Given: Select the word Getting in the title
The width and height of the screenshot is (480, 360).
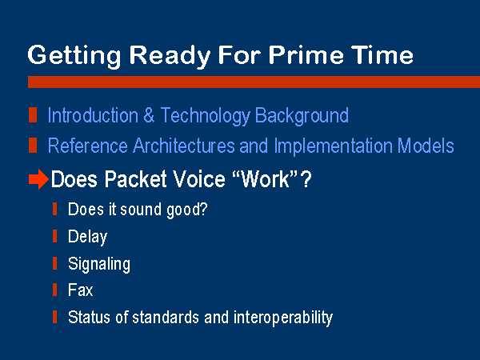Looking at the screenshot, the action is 74,57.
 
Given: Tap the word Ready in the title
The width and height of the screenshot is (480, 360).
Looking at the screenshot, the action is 170,57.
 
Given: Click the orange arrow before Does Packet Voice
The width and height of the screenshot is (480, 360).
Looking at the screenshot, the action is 38,179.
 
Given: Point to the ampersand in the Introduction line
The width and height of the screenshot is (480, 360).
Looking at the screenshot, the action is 149,115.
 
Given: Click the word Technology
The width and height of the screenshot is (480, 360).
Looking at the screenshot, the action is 205,117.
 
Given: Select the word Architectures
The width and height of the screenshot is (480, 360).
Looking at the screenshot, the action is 183,146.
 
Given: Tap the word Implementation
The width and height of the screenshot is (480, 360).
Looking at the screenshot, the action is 333,146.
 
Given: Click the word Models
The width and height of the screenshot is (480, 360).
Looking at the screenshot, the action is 426,146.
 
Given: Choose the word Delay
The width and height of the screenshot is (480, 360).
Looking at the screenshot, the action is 87,238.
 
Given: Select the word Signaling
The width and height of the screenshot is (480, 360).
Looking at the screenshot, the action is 99,265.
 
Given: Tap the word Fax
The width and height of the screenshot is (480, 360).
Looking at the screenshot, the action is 80,290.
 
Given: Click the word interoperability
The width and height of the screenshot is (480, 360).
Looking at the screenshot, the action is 283,318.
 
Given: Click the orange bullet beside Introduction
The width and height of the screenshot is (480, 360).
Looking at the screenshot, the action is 33,115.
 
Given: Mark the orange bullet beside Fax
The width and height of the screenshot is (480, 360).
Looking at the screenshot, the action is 54,290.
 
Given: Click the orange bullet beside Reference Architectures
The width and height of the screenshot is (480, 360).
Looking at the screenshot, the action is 33,145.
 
